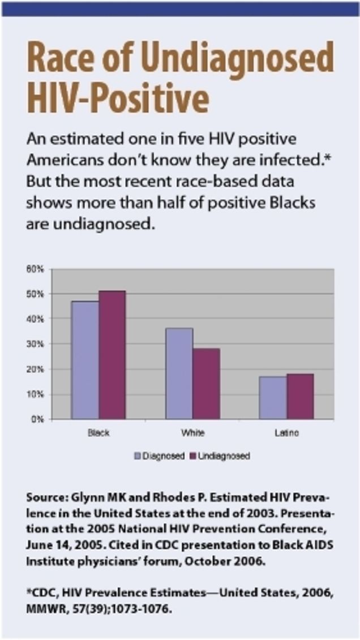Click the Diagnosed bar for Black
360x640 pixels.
[x=85, y=360]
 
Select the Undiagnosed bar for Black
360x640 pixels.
[x=112, y=355]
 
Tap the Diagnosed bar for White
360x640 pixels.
[x=179, y=373]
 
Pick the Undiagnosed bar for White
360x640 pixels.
[x=205, y=384]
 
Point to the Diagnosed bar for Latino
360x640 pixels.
[x=273, y=398]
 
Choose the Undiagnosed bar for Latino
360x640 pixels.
[x=299, y=396]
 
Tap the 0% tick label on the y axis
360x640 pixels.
[x=37, y=419]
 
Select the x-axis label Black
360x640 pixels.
[x=98, y=433]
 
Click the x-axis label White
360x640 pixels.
[x=192, y=433]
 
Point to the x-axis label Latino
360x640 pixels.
[x=286, y=433]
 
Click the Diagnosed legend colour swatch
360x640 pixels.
[x=137, y=456]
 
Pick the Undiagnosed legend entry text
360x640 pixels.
[x=224, y=456]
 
